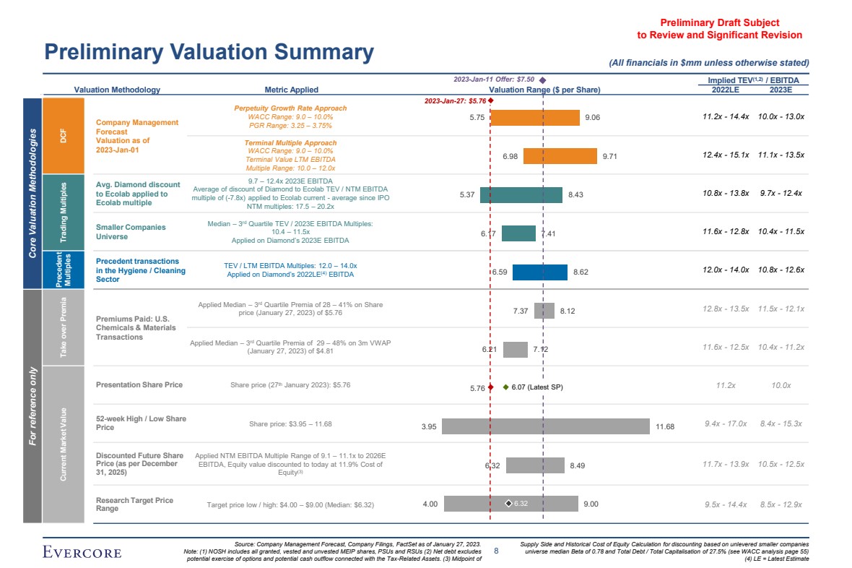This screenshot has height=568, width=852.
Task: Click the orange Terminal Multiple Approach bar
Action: (x=560, y=156)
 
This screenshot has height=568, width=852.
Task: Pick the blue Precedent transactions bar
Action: (x=539, y=272)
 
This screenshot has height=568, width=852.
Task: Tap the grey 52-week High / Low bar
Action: (x=547, y=426)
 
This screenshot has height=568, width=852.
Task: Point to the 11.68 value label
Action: (x=665, y=427)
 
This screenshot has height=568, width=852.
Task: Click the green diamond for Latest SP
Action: (x=505, y=387)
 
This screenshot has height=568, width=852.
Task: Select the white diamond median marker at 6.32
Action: (x=508, y=504)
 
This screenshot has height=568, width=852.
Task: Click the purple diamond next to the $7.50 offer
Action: (x=542, y=79)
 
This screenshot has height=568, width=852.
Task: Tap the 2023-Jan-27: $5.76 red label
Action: (x=455, y=102)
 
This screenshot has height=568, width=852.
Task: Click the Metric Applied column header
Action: (x=291, y=90)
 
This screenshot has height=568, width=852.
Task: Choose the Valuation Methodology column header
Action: (x=117, y=90)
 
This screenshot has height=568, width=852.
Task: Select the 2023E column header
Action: (x=781, y=90)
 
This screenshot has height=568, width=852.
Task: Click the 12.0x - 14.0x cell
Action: (x=726, y=270)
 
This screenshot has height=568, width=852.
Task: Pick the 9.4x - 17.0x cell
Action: (x=726, y=424)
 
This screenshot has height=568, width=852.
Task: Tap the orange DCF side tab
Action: (x=63, y=135)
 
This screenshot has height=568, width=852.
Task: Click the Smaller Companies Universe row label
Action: (x=131, y=232)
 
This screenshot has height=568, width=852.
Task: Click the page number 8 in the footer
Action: (x=496, y=551)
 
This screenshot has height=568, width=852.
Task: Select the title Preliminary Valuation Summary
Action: (x=209, y=52)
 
